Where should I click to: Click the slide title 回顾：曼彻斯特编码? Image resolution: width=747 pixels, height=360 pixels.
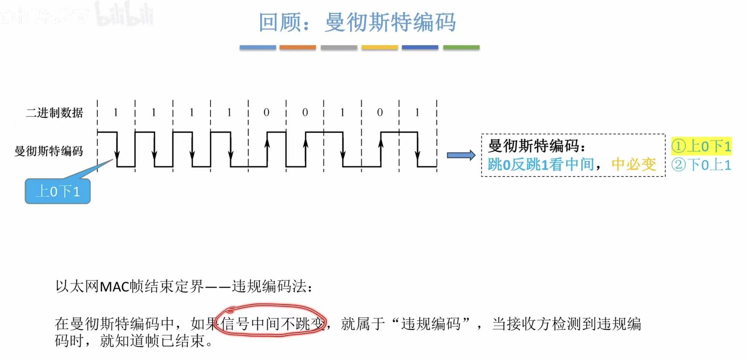click(357, 22)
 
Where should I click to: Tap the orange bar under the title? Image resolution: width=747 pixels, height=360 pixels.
click(297, 47)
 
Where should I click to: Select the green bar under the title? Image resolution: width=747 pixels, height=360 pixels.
click(461, 47)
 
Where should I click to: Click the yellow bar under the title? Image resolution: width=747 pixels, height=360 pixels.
click(379, 47)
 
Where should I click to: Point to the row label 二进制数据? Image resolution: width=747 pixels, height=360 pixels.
click(55, 113)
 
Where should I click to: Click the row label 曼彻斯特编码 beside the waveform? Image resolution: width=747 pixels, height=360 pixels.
click(49, 151)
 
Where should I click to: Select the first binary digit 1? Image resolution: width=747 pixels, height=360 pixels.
click(116, 112)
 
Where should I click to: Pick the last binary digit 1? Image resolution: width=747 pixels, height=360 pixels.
click(417, 112)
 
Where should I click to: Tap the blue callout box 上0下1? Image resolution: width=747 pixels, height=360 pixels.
click(58, 191)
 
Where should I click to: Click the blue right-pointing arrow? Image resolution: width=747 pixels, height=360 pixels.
click(461, 155)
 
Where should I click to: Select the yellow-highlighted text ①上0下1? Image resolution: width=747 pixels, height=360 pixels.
click(701, 146)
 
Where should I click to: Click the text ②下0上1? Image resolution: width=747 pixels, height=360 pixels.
click(701, 165)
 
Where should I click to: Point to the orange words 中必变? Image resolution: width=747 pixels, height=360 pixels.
click(633, 165)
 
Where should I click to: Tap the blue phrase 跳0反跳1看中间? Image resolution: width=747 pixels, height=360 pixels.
click(541, 165)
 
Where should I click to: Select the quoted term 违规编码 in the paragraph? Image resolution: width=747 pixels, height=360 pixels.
click(431, 324)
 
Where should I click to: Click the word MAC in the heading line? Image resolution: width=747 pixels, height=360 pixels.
click(115, 287)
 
